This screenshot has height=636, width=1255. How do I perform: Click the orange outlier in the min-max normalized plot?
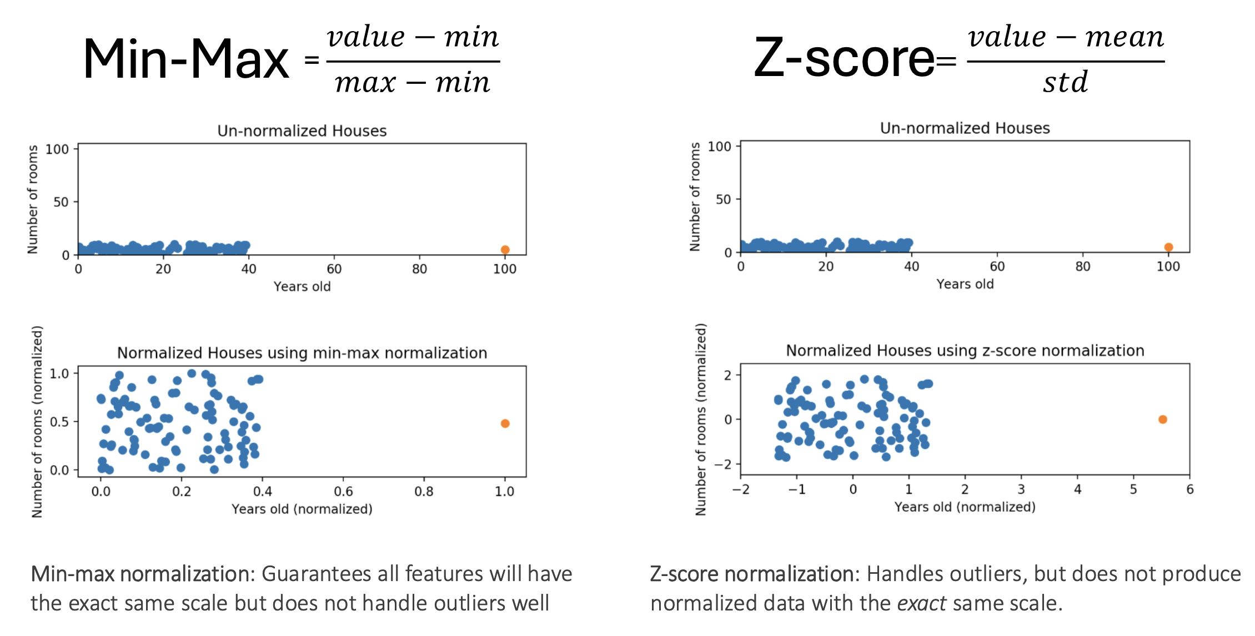[x=505, y=423]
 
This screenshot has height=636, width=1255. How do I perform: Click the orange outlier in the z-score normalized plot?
[x=1162, y=420]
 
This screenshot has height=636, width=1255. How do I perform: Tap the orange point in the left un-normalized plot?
[x=505, y=250]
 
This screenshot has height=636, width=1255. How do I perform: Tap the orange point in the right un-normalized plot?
[x=1168, y=247]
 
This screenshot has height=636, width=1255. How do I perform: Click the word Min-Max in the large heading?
[x=186, y=59]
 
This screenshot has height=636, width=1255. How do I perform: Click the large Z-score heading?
[x=844, y=57]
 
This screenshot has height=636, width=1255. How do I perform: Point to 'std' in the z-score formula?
[x=1065, y=82]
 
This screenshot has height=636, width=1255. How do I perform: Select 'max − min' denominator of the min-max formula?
[x=413, y=83]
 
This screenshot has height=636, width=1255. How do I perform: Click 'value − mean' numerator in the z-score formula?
[x=1066, y=37]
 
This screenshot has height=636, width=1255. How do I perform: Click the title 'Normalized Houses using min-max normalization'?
[x=302, y=353]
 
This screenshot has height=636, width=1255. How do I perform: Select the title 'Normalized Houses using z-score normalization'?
[x=965, y=351]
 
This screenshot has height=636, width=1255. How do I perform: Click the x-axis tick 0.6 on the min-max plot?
[x=343, y=491]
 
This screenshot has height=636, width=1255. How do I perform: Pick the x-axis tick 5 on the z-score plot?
[x=1133, y=489]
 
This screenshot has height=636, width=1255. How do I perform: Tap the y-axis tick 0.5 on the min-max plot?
[x=59, y=422]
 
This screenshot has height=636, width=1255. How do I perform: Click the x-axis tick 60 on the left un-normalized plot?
[x=334, y=269]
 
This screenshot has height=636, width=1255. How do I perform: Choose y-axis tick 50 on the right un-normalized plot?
[x=724, y=199]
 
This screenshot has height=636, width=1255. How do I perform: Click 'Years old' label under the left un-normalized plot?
[x=302, y=286]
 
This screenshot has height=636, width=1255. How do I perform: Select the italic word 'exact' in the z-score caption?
[x=921, y=603]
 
